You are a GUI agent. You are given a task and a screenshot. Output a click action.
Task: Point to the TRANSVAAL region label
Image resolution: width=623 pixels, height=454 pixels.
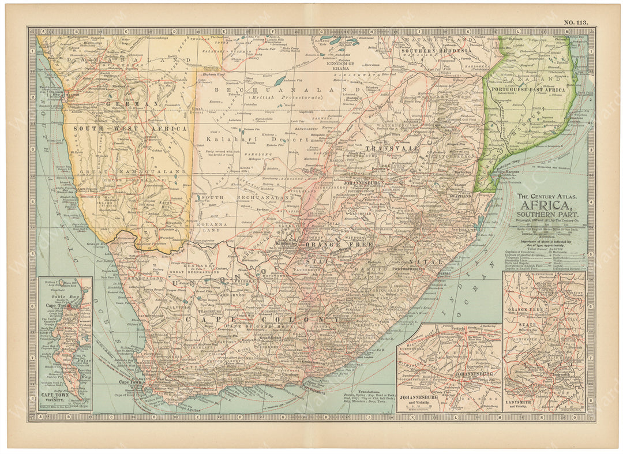click(383, 148)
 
